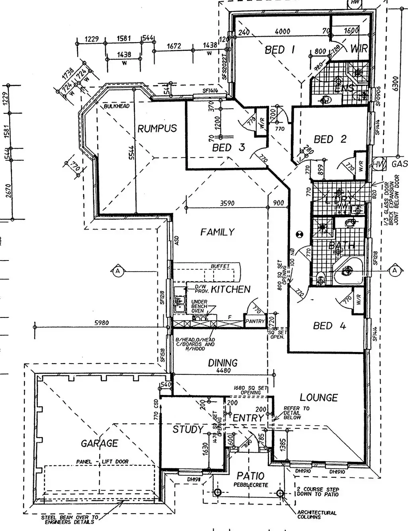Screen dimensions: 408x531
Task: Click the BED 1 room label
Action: [280, 50]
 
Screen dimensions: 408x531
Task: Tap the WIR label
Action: [359, 49]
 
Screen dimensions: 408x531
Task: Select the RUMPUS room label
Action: [157, 128]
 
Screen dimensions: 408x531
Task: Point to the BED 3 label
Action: [228, 148]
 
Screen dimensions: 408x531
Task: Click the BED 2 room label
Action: [330, 139]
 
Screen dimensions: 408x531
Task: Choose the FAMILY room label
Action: [217, 232]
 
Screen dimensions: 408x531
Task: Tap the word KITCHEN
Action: [230, 290]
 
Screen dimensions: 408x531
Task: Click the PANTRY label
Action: [255, 321]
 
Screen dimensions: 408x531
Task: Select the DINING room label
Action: [223, 363]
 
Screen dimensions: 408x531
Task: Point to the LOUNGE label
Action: [318, 397]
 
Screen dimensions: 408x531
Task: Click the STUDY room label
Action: [188, 430]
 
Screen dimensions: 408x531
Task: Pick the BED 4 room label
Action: [330, 326]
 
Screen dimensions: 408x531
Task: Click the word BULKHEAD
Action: [116, 107]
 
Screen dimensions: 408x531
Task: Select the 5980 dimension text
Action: [102, 323]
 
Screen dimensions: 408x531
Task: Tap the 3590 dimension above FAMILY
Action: [228, 203]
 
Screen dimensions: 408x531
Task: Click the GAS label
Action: [399, 164]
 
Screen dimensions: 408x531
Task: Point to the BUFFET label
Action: [220, 266]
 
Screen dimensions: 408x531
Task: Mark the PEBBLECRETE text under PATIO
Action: [251, 485]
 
